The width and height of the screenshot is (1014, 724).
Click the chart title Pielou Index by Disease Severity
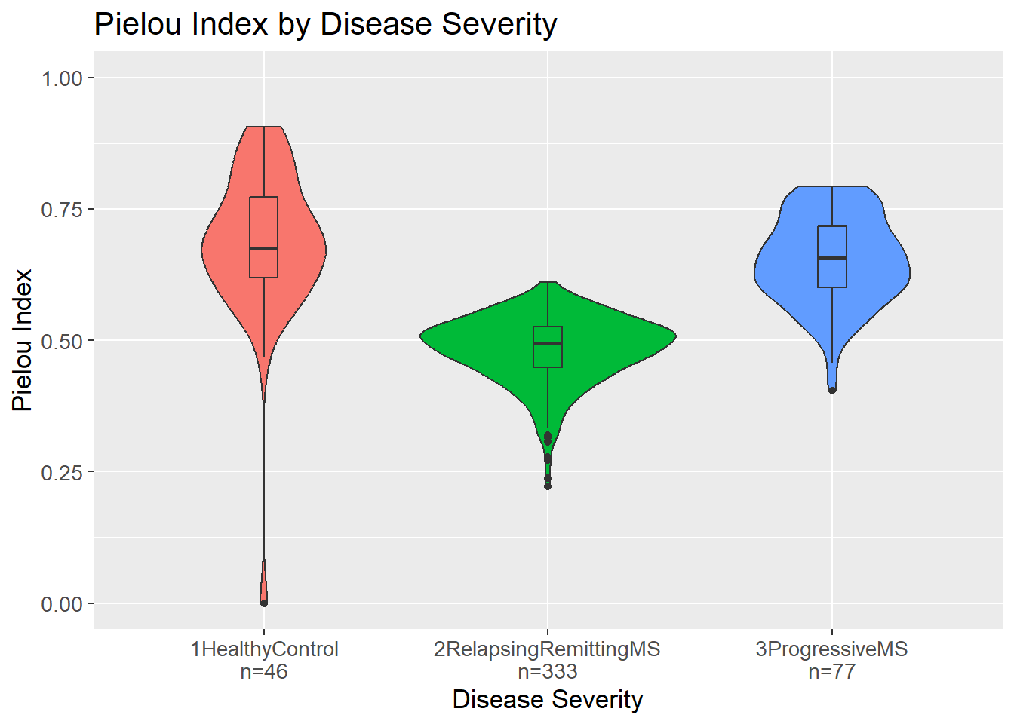click(325, 25)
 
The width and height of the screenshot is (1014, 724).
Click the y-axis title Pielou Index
click(23, 340)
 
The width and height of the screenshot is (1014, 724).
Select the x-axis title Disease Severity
click(547, 700)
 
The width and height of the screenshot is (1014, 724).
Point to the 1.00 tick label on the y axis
click(62, 78)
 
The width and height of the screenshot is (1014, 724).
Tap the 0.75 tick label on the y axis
click(62, 210)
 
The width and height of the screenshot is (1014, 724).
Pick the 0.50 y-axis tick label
click(62, 341)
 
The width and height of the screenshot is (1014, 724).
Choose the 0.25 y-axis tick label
click(62, 472)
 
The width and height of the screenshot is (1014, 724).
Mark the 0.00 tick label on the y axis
click(62, 604)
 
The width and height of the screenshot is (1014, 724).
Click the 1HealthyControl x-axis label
click(264, 649)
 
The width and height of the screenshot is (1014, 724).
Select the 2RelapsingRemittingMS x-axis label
click(547, 649)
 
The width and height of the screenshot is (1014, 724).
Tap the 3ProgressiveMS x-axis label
click(831, 649)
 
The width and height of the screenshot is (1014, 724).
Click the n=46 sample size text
click(264, 672)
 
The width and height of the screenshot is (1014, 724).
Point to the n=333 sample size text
click(547, 672)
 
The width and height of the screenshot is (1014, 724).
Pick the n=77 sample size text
click(831, 672)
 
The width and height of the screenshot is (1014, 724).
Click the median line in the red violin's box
click(264, 248)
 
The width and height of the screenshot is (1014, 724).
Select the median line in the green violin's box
click(548, 343)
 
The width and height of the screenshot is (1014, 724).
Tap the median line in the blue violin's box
click(832, 258)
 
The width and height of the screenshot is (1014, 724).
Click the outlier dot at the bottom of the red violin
click(264, 603)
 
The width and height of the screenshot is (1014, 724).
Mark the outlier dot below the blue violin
click(832, 390)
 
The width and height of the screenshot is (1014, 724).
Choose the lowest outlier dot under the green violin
click(548, 486)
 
